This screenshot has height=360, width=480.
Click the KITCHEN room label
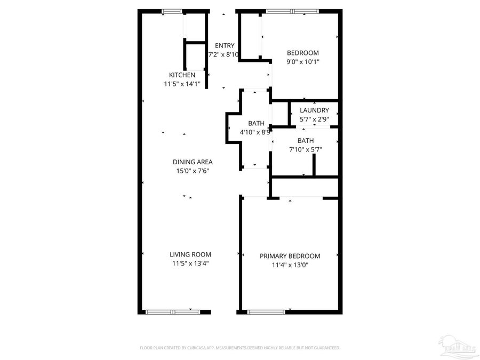182,75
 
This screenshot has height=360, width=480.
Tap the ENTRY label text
225,45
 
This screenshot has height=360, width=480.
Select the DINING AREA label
193,162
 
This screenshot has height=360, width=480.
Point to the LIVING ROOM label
190,254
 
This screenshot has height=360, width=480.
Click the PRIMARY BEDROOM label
290,256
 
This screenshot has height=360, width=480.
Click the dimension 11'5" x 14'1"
182,84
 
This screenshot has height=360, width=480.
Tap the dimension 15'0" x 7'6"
193,171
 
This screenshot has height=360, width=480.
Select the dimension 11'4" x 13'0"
290,265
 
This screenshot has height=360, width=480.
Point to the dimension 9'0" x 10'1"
303,62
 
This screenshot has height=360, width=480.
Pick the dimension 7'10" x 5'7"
306,150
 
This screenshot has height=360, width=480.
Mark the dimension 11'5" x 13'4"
190,263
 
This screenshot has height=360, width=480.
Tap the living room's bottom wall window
172,311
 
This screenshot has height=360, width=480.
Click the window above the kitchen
172,11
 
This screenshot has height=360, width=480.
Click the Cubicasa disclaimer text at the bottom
240,348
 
